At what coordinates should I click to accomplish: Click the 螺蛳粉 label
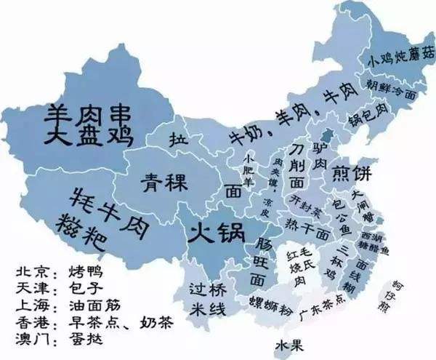tap(267, 301)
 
